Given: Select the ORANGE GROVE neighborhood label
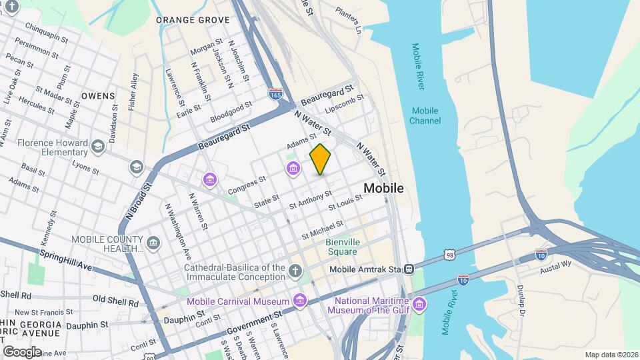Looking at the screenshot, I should pos(193,20).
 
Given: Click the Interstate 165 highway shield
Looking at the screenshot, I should pos(275,95).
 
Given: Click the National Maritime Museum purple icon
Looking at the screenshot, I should pos(419,305).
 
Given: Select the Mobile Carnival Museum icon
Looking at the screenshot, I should pos(300,301).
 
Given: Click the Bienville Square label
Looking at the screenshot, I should pos(341,247).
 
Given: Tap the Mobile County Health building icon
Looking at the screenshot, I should pos(154,241).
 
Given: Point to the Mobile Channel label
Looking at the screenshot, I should pos(425,115).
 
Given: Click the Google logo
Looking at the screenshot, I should pos(22,351).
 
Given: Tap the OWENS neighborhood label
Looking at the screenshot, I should pos(98,96).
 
